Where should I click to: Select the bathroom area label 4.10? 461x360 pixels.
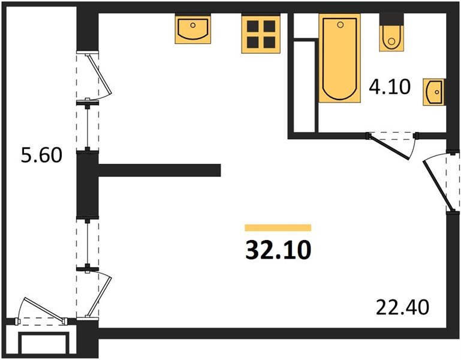pyautogui.click(x=390, y=88)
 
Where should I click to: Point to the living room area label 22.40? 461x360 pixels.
pyautogui.click(x=403, y=308)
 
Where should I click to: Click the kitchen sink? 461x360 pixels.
pyautogui.click(x=192, y=29)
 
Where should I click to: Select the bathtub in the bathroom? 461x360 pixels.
pyautogui.click(x=339, y=58)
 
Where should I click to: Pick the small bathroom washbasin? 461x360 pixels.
pyautogui.click(x=434, y=92)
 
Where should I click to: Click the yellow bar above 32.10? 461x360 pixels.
pyautogui.click(x=278, y=227)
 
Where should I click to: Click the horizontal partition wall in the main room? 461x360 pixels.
pyautogui.click(x=159, y=170)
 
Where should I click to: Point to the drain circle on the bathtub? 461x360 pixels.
pyautogui.click(x=340, y=25)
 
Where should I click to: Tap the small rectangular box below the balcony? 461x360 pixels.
pyautogui.click(x=43, y=344)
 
